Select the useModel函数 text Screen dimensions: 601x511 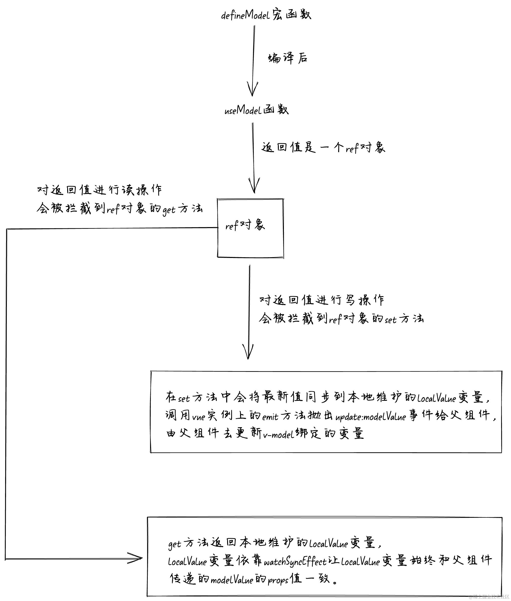point(256,110)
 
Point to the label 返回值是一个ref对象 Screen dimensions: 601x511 point(323,148)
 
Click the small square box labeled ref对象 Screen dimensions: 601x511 point(250,228)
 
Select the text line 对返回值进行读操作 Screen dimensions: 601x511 point(99,190)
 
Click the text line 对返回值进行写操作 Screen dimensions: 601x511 point(322,300)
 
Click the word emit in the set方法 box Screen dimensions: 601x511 point(270,417)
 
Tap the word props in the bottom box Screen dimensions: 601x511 point(278,580)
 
